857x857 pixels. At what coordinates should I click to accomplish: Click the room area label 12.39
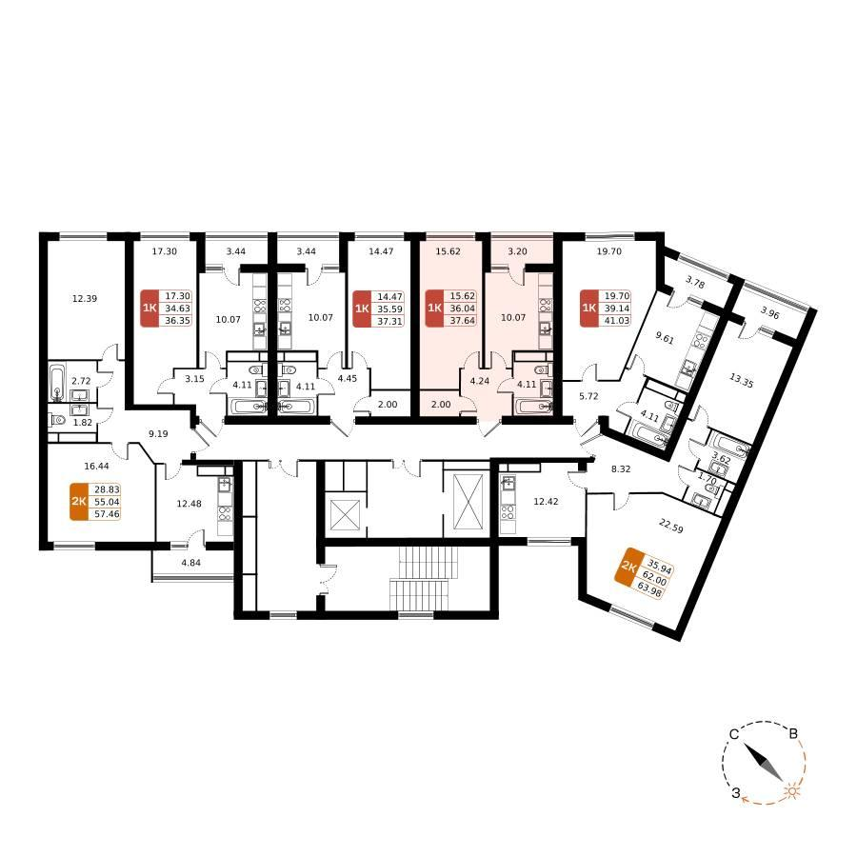click(x=85, y=298)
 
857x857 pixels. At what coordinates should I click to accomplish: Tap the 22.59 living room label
click(x=670, y=526)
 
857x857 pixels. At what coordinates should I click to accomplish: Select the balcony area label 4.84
click(x=190, y=562)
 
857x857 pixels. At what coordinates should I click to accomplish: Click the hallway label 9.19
click(x=158, y=433)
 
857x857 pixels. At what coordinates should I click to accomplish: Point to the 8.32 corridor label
click(x=621, y=468)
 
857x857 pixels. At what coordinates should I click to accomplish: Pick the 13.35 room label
click(x=741, y=380)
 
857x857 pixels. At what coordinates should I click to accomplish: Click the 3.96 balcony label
click(x=769, y=314)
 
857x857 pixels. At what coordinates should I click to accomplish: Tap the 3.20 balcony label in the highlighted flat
click(x=518, y=251)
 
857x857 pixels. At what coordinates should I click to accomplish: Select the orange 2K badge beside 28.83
click(x=79, y=502)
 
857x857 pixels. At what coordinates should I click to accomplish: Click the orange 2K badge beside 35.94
click(x=628, y=567)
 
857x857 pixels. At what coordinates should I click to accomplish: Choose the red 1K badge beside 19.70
click(x=588, y=309)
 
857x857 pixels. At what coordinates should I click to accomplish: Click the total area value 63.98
click(x=648, y=590)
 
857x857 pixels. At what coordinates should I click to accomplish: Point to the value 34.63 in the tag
click(x=178, y=309)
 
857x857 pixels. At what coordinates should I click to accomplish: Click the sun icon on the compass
click(x=791, y=791)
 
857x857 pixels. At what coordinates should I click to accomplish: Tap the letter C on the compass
click(x=734, y=734)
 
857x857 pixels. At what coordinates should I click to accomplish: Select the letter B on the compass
click(x=793, y=734)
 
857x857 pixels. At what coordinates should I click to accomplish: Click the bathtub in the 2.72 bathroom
click(x=57, y=382)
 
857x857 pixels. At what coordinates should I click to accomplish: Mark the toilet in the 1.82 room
click(x=58, y=420)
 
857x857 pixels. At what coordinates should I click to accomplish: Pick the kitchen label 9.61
click(x=665, y=338)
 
